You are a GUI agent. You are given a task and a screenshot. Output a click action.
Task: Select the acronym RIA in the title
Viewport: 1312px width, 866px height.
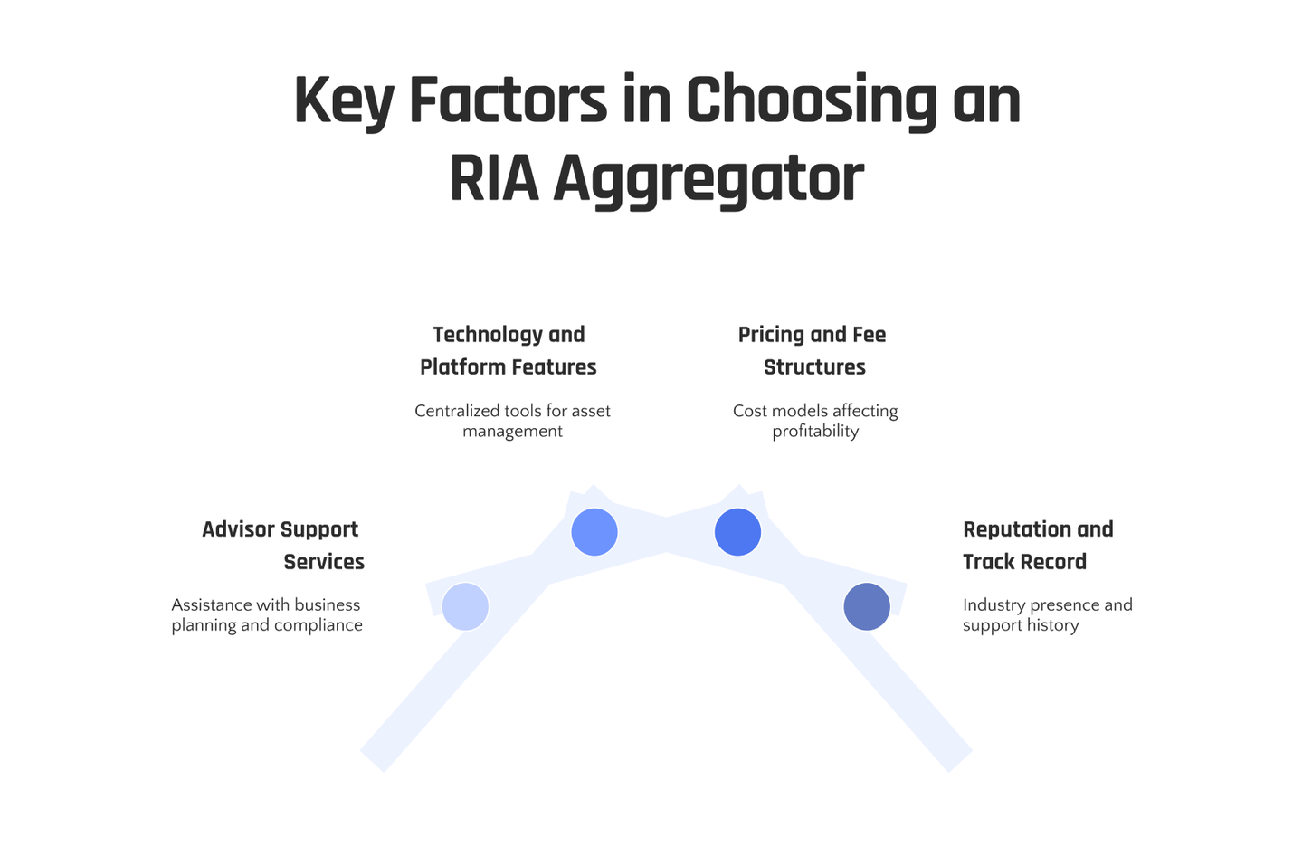tap(493, 178)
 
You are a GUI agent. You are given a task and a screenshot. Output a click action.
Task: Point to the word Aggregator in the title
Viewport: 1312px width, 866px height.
tap(708, 178)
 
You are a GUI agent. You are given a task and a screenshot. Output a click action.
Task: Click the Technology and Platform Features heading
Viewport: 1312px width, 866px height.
tap(509, 350)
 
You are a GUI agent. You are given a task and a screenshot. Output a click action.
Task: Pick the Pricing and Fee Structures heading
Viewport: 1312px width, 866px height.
tap(813, 350)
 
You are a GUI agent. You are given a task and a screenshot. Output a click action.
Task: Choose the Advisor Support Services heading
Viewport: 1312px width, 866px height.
tap(282, 545)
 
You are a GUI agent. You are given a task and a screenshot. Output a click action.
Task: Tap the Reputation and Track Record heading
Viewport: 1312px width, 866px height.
tap(1037, 545)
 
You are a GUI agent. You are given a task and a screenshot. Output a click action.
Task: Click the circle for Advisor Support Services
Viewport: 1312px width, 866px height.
tap(465, 606)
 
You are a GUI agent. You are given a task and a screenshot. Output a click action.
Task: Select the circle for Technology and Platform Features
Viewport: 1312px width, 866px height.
tap(594, 532)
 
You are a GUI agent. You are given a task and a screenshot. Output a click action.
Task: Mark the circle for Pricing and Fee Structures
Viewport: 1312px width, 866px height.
tap(737, 532)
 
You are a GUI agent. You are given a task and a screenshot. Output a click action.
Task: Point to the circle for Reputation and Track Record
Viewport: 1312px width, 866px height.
tap(867, 606)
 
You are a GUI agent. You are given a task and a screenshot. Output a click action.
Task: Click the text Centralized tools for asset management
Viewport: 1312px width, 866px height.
tap(512, 421)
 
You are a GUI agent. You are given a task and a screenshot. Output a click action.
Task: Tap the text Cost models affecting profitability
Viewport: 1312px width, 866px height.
tap(815, 421)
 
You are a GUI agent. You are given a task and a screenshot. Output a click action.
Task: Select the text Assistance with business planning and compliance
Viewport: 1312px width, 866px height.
tap(267, 614)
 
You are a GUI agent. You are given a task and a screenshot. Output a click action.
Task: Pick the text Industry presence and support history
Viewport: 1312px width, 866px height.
tap(1047, 614)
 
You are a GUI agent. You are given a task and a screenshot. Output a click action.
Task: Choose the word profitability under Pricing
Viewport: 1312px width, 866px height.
tap(815, 432)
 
